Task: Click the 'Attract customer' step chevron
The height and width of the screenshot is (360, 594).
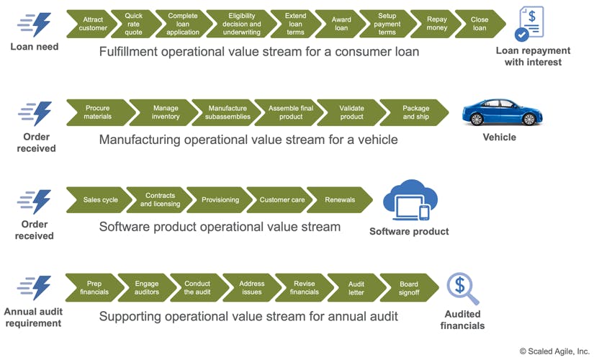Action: click(x=93, y=24)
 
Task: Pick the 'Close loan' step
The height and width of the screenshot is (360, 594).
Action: click(x=480, y=24)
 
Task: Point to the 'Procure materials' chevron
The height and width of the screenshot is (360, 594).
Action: click(x=98, y=112)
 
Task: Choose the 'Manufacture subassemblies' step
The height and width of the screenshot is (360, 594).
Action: click(x=228, y=112)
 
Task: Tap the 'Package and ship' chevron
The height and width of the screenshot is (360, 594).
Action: click(x=416, y=112)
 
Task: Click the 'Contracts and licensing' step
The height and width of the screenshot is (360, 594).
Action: click(x=160, y=199)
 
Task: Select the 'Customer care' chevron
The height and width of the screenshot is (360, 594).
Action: click(x=282, y=199)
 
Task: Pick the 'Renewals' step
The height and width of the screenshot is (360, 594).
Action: click(x=340, y=199)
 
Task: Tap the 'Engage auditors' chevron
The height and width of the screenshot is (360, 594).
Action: click(x=147, y=287)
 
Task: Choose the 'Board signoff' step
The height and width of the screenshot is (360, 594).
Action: click(x=409, y=287)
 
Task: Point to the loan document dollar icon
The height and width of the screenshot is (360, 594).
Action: click(x=531, y=24)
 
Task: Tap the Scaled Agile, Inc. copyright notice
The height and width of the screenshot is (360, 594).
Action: click(x=554, y=351)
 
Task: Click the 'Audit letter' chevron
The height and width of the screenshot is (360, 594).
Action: click(x=356, y=287)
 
